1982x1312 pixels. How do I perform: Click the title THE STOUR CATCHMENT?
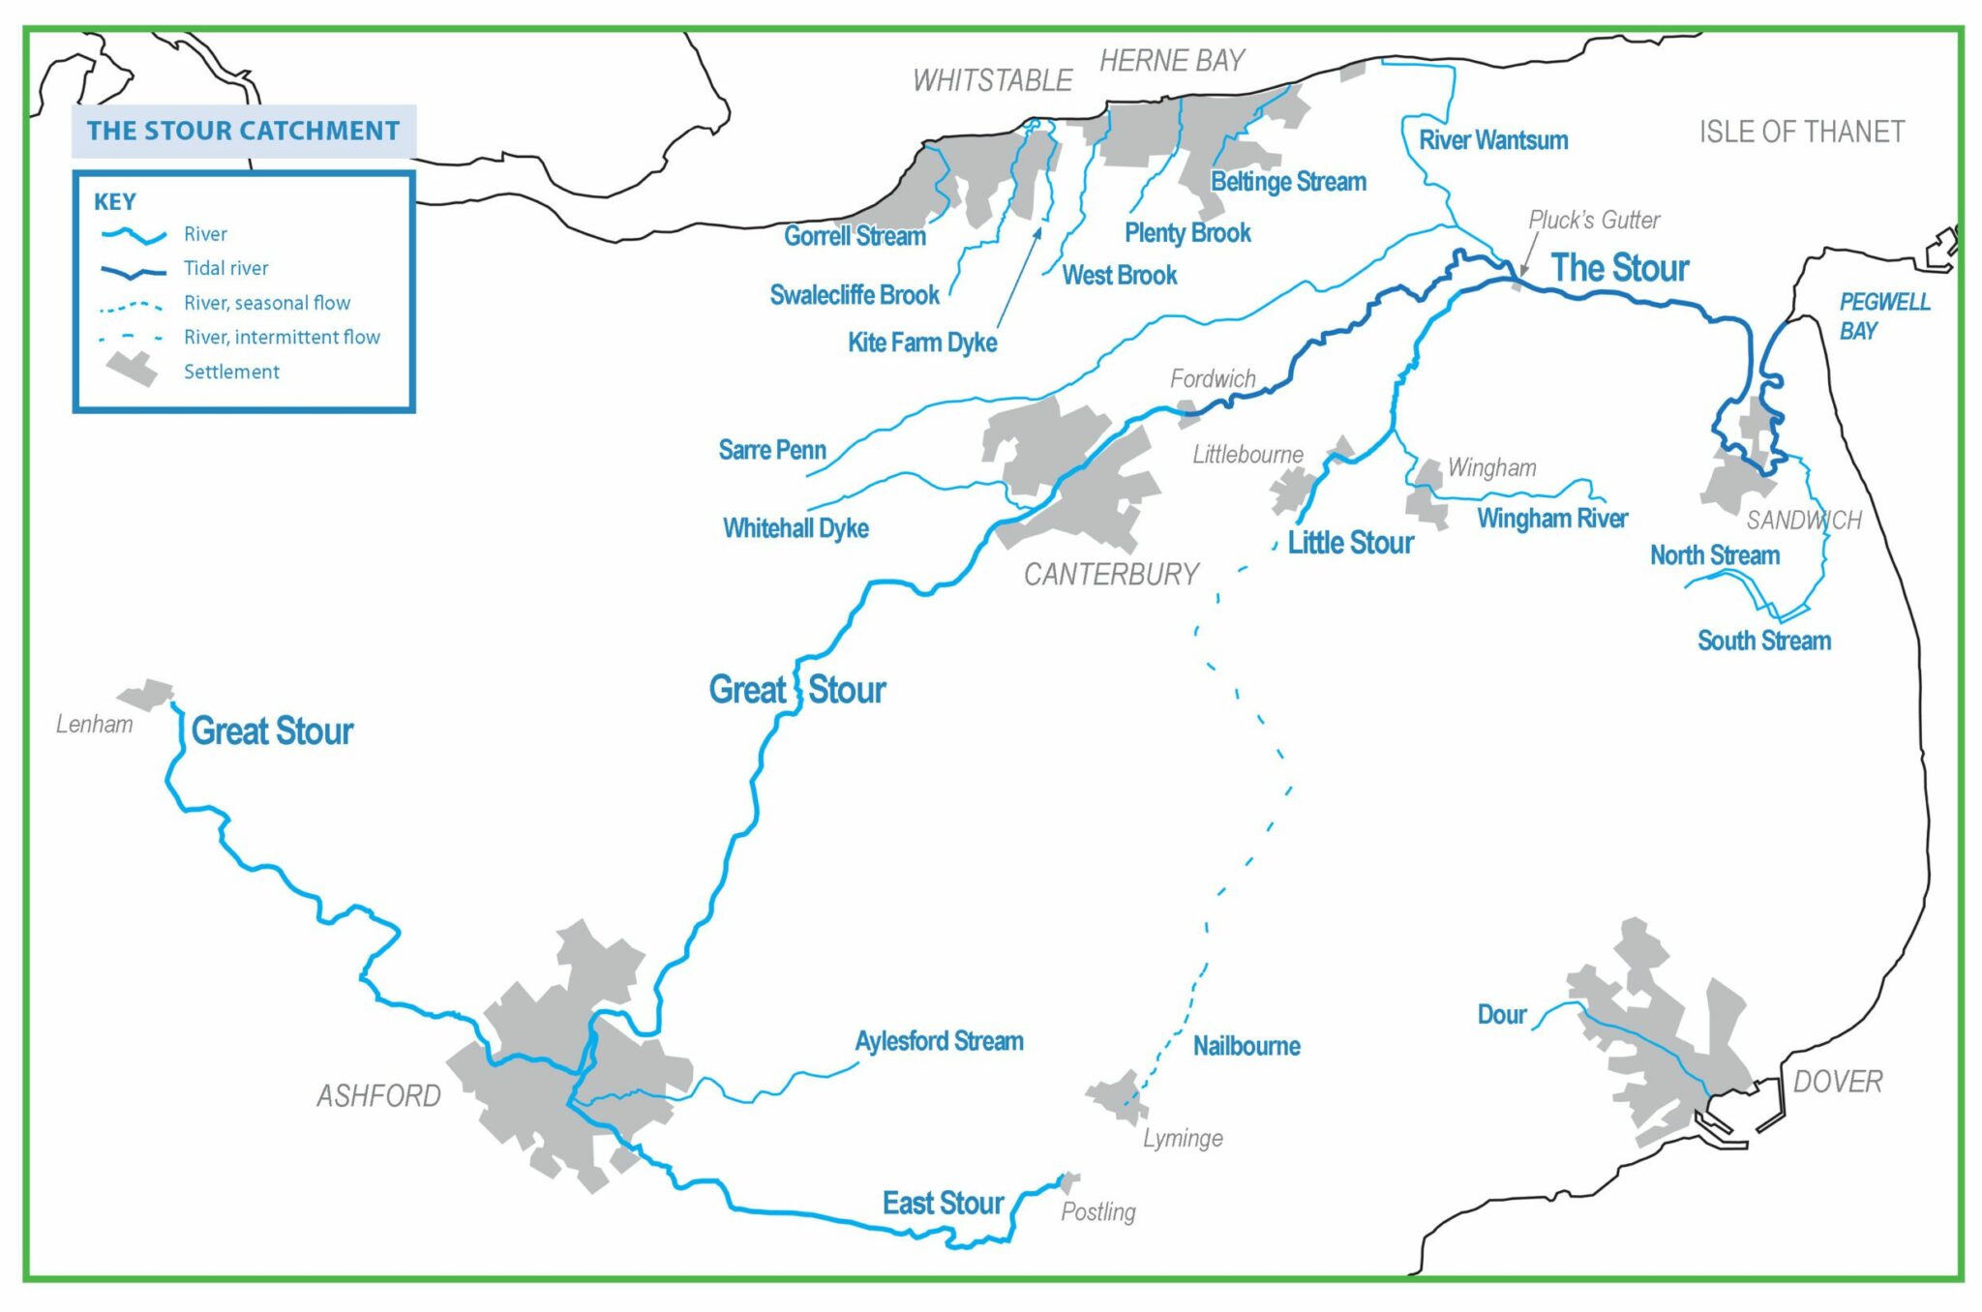tap(243, 131)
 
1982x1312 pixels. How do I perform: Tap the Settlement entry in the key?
tap(230, 372)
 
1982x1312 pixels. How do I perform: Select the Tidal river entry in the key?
tap(225, 268)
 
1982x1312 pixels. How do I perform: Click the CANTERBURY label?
tap(1111, 575)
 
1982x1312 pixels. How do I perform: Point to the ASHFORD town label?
tap(378, 1096)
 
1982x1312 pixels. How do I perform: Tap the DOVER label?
tap(1837, 1082)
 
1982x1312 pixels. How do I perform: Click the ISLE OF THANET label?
tap(1801, 132)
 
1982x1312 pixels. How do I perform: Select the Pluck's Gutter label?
tap(1593, 221)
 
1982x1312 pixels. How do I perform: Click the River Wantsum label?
tap(1492, 140)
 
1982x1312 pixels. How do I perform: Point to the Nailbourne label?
tap(1246, 1046)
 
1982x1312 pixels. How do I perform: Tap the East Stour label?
tap(942, 1204)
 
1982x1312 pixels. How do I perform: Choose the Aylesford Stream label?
tap(938, 1041)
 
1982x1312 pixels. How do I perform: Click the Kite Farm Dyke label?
tap(921, 343)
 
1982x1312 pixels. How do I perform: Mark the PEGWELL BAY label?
tap(1883, 316)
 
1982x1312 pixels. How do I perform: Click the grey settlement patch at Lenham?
tap(146, 694)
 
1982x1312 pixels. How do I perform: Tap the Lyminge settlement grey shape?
tap(1119, 1097)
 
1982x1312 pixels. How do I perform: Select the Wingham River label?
tap(1551, 519)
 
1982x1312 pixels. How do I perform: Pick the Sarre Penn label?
tap(771, 450)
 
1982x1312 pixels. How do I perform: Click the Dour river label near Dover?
tap(1501, 1015)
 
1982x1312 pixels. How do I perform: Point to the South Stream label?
tap(1763, 641)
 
